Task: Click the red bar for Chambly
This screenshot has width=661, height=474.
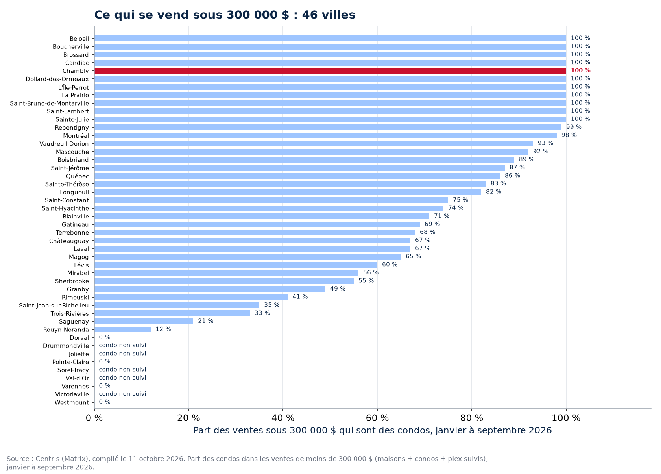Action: click(330, 71)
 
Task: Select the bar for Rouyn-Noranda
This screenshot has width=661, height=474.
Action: click(122, 330)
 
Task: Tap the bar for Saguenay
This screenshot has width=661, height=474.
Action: click(144, 322)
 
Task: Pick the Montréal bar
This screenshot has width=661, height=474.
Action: click(325, 135)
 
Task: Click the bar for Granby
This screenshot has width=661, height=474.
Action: click(210, 289)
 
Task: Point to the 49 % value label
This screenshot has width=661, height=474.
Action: click(338, 289)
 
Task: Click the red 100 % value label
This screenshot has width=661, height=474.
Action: click(581, 70)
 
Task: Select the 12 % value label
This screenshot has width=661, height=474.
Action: click(163, 329)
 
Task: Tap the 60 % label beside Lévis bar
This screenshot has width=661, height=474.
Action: click(390, 264)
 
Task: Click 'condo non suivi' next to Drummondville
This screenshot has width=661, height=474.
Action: click(122, 345)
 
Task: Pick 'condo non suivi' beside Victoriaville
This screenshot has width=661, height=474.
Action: click(122, 394)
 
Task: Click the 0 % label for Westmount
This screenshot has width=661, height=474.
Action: click(105, 402)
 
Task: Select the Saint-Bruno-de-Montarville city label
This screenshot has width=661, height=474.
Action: click(49, 104)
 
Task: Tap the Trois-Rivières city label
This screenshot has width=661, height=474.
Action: click(70, 314)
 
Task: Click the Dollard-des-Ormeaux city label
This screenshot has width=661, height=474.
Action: click(57, 79)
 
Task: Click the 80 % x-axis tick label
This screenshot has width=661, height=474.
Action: click(471, 418)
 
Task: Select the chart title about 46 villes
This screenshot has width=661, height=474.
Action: click(225, 15)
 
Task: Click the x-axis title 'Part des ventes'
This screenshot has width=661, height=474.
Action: click(372, 430)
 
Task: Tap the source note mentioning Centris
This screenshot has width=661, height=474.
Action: click(247, 463)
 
